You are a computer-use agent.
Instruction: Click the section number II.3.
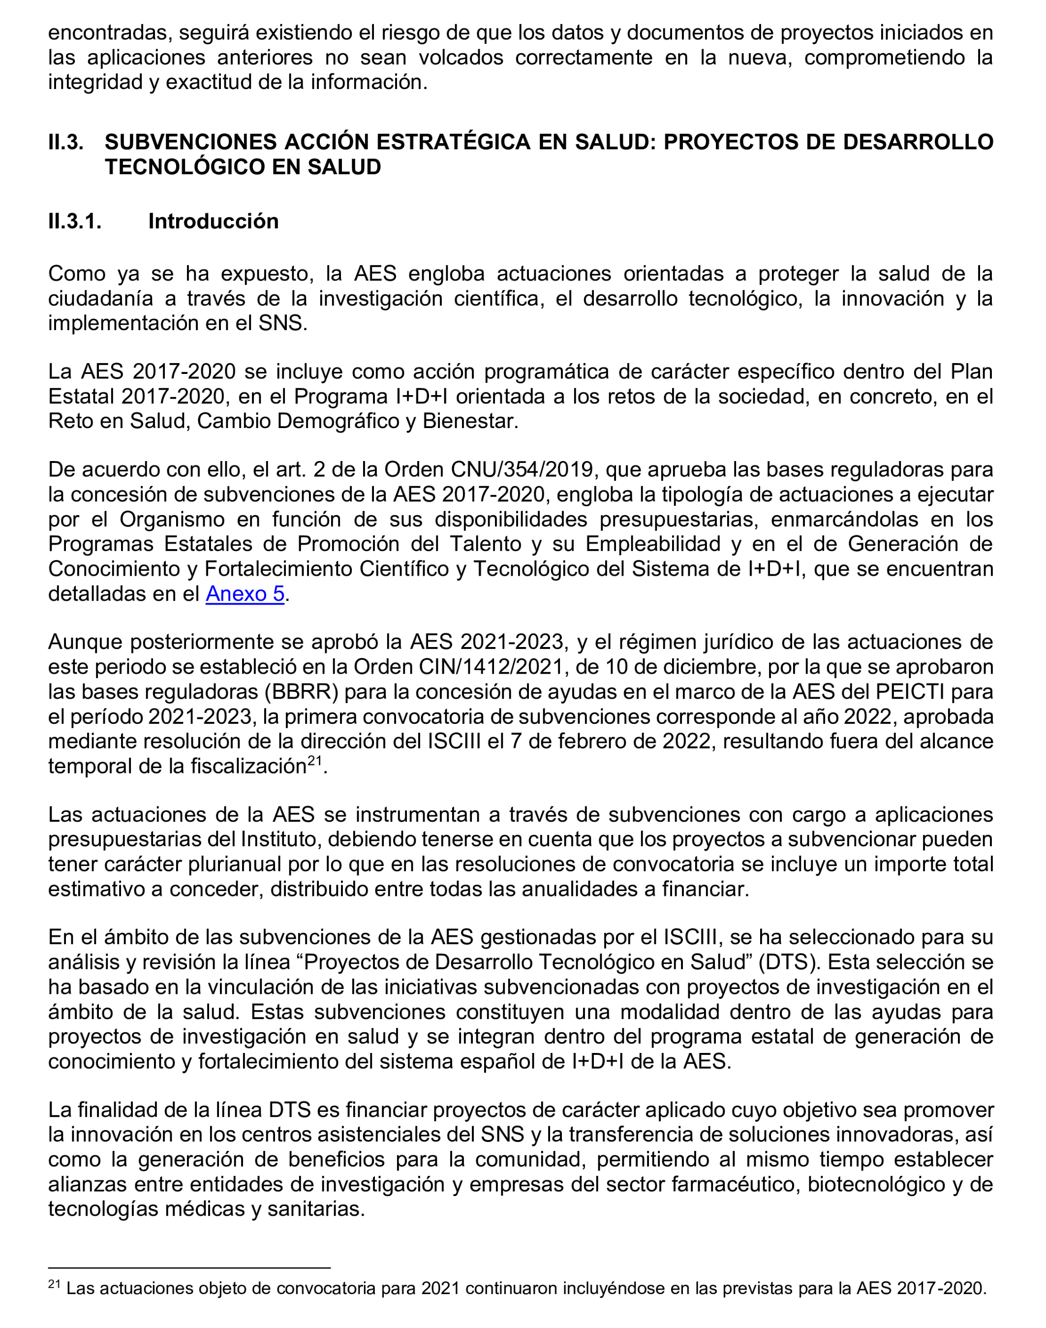[x=65, y=142]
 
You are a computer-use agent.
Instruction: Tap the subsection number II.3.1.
[x=75, y=221]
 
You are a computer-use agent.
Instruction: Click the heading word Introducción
[x=213, y=221]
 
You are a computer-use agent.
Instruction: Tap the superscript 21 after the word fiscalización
[x=315, y=760]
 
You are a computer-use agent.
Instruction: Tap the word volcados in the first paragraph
[x=460, y=57]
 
